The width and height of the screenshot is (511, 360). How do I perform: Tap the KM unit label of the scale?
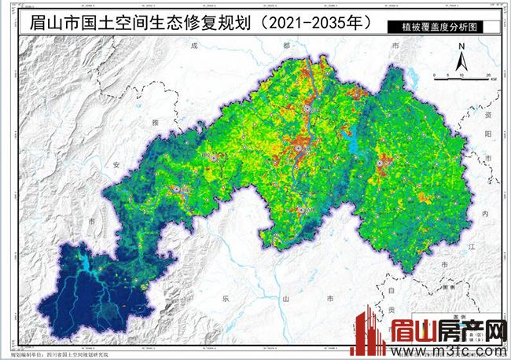tap(493, 79)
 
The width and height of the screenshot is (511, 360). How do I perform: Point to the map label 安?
tap(116, 165)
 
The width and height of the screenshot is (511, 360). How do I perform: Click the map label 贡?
tap(391, 311)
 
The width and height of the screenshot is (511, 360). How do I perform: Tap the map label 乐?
tap(225, 299)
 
